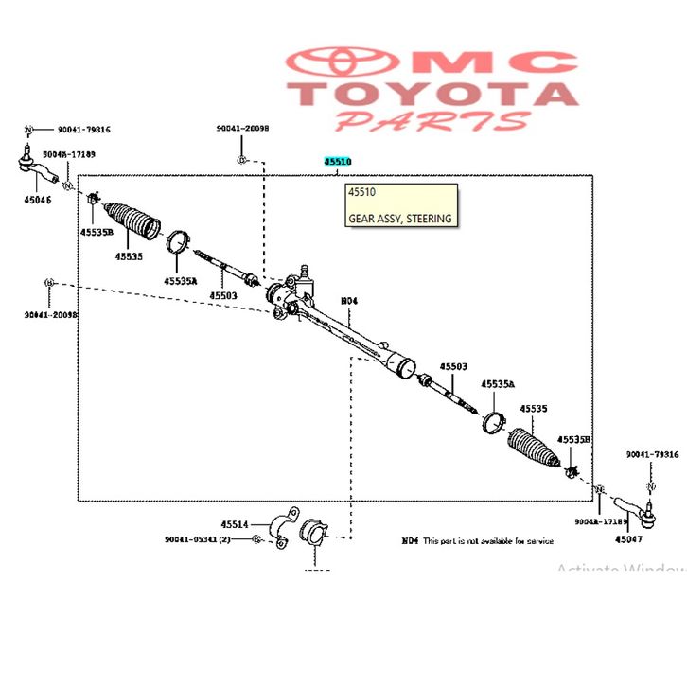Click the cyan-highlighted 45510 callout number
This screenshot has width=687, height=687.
coord(337,162)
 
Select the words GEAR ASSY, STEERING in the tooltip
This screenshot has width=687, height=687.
coord(399,218)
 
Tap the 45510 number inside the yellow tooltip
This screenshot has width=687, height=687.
coord(361,193)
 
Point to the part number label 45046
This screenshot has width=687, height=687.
coord(38,200)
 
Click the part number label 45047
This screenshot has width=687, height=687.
coord(627,539)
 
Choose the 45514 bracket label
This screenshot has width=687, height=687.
coord(235,523)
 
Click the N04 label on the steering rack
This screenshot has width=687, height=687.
coord(349,301)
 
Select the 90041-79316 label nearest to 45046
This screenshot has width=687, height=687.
coord(83,130)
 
